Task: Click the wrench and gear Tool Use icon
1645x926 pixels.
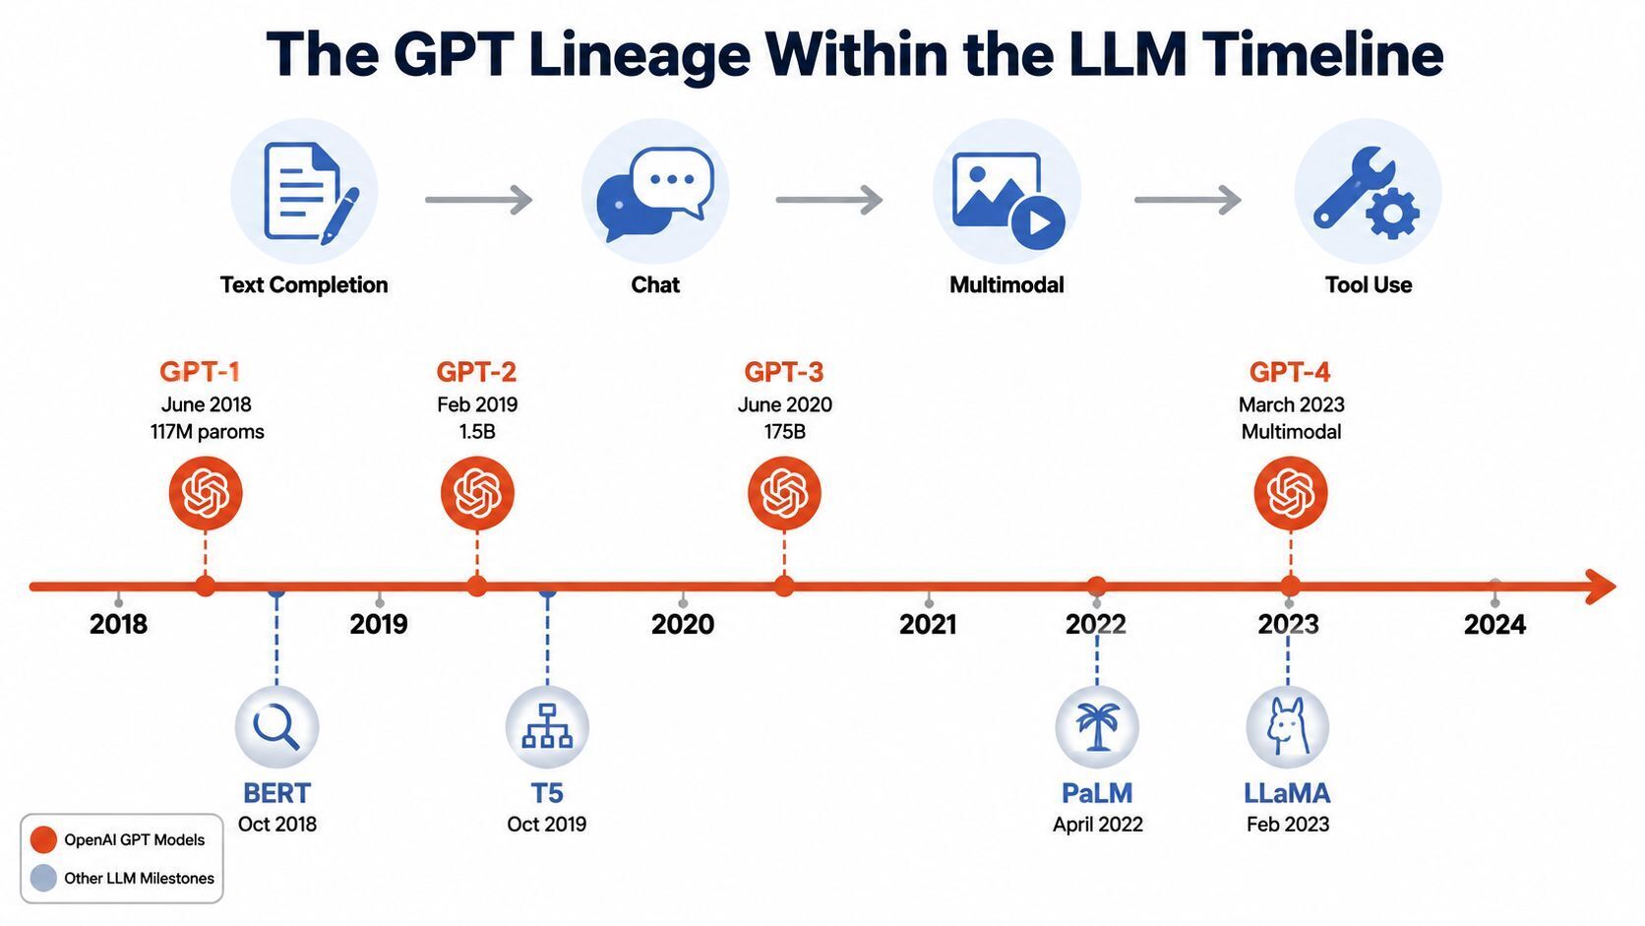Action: pos(1367,193)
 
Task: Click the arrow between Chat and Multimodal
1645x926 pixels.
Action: pos(829,200)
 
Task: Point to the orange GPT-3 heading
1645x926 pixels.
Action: pos(783,372)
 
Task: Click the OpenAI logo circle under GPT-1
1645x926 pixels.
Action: pos(206,493)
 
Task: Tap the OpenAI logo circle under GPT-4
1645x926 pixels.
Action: pos(1290,493)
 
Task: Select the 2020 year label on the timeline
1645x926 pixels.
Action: pos(682,625)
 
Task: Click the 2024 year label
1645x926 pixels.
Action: pos(1494,625)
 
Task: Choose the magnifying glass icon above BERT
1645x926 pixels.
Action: pos(276,727)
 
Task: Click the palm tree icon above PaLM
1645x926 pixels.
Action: pos(1097,727)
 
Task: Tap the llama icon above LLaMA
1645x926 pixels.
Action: pos(1287,727)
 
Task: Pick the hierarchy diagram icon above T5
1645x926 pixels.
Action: pos(547,727)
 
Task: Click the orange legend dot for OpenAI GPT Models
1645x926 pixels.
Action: pos(43,839)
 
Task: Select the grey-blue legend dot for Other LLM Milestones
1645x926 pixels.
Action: pos(43,878)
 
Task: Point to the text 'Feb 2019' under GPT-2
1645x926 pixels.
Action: pos(477,404)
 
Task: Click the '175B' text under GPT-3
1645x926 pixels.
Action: pos(784,432)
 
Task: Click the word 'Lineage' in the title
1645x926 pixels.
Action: pos(639,56)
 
